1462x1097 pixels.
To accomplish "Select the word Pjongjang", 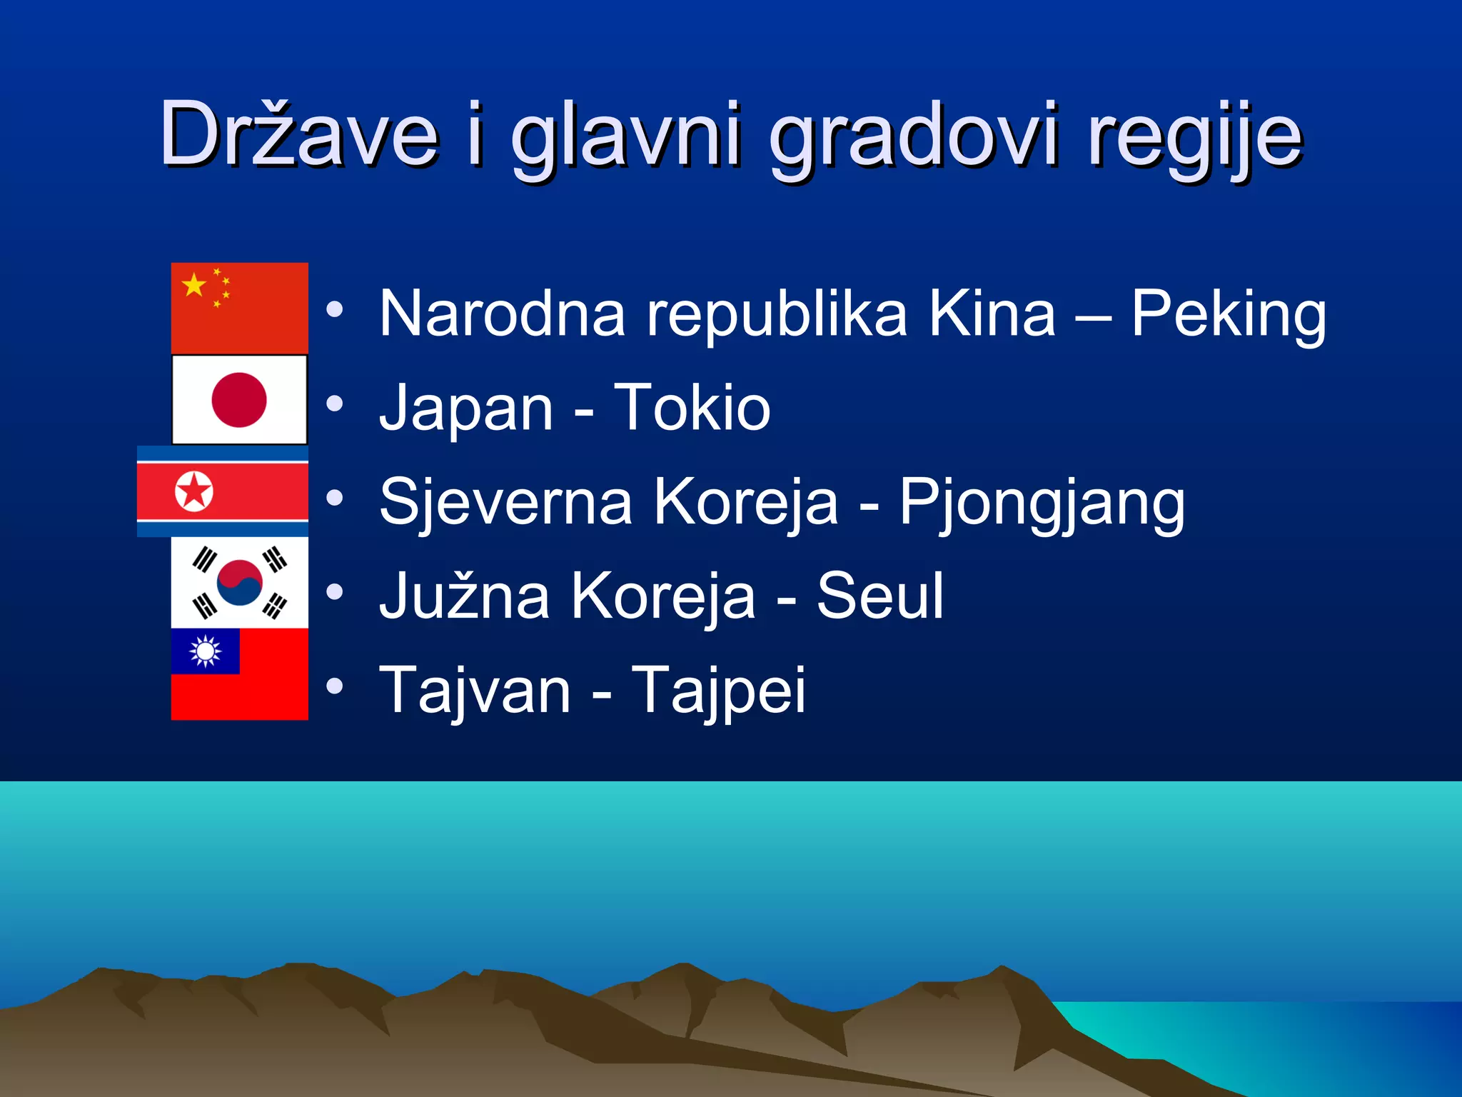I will [x=1042, y=503].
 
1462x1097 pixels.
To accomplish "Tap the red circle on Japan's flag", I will [x=239, y=400].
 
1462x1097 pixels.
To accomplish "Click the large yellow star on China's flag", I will [x=193, y=285].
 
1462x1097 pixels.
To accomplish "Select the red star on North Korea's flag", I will [x=194, y=491].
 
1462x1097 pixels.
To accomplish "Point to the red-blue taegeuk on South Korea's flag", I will [x=239, y=582].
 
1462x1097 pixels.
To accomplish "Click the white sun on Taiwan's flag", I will [x=205, y=651].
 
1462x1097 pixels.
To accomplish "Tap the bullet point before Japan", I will [x=334, y=404].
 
